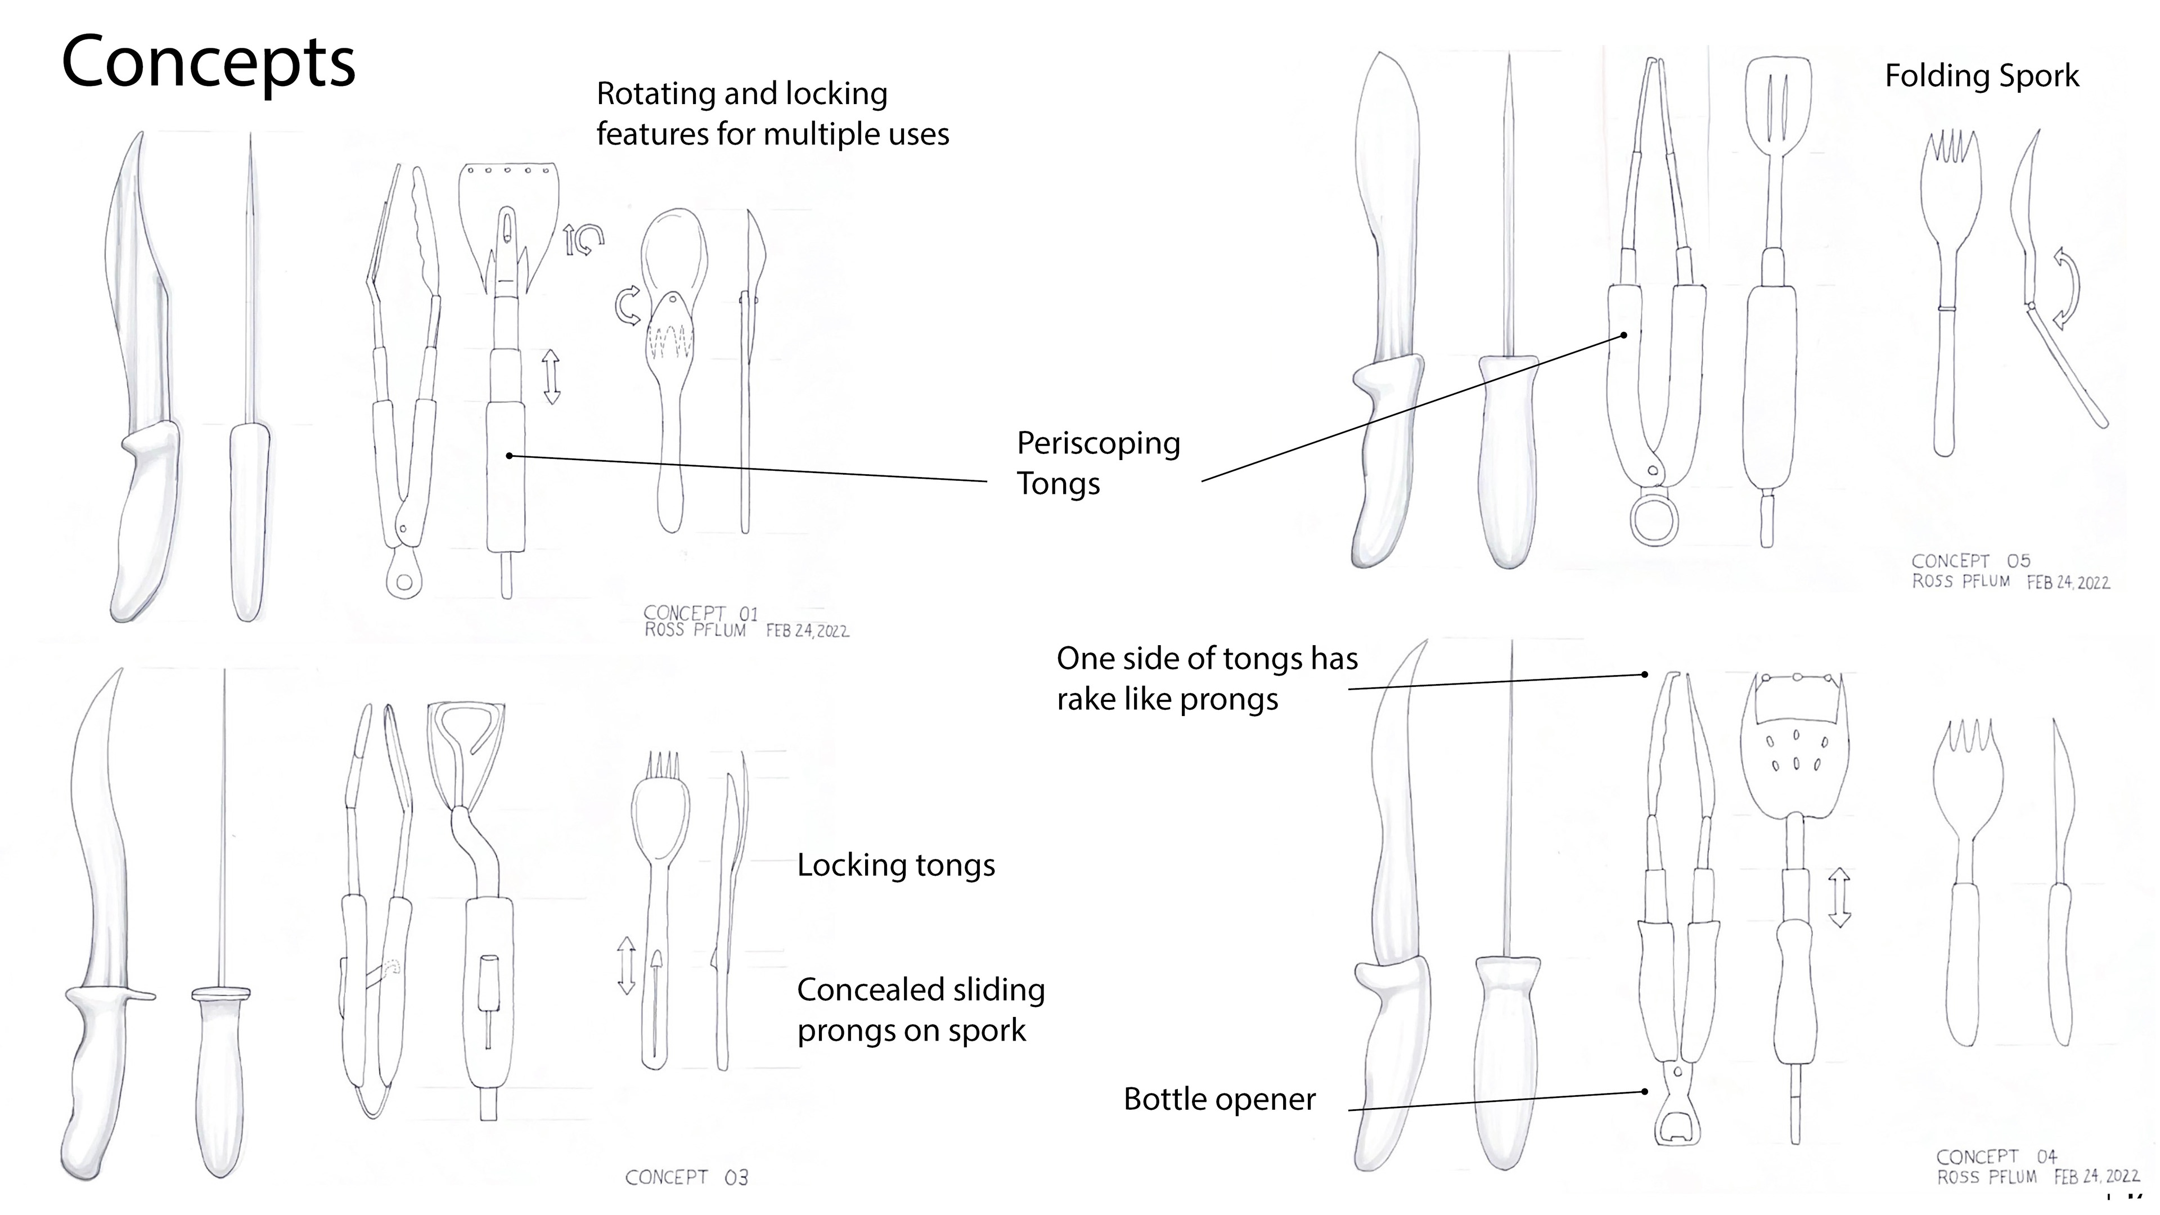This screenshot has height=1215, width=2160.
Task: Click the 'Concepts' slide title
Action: [x=209, y=63]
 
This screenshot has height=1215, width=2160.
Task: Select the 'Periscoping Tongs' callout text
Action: [x=1097, y=463]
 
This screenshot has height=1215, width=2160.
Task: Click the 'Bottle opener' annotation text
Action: [x=1219, y=1099]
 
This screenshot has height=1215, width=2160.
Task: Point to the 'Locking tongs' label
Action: [x=895, y=865]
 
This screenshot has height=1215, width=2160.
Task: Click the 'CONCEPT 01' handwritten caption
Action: [x=700, y=613]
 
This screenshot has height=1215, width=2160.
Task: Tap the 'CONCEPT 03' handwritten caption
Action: [x=686, y=1177]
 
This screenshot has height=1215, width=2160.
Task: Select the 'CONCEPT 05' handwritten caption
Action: [x=1970, y=561]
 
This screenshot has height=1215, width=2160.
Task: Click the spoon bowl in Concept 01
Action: [x=673, y=251]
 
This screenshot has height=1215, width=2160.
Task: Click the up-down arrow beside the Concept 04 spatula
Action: [x=1839, y=897]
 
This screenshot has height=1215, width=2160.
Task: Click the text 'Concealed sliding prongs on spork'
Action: [x=920, y=1010]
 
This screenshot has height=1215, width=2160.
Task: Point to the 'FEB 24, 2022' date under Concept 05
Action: [x=2068, y=583]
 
